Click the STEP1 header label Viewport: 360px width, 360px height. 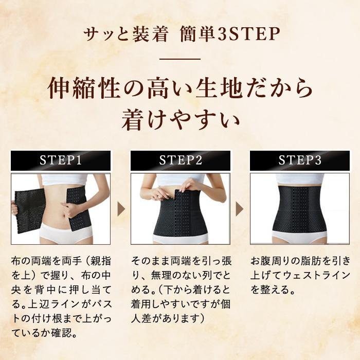coord(61,160)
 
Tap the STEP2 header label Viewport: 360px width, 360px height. coord(181,160)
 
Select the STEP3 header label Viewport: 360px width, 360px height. coord(300,160)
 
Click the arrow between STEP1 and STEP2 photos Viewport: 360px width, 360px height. coord(121,209)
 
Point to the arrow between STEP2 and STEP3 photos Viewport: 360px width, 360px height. coord(240,209)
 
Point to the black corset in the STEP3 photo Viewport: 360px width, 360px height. coord(300,211)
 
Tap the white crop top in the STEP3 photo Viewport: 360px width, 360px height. coord(300,179)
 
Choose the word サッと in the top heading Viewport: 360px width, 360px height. coord(100,34)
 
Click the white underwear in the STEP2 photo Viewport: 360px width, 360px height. coord(181,239)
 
